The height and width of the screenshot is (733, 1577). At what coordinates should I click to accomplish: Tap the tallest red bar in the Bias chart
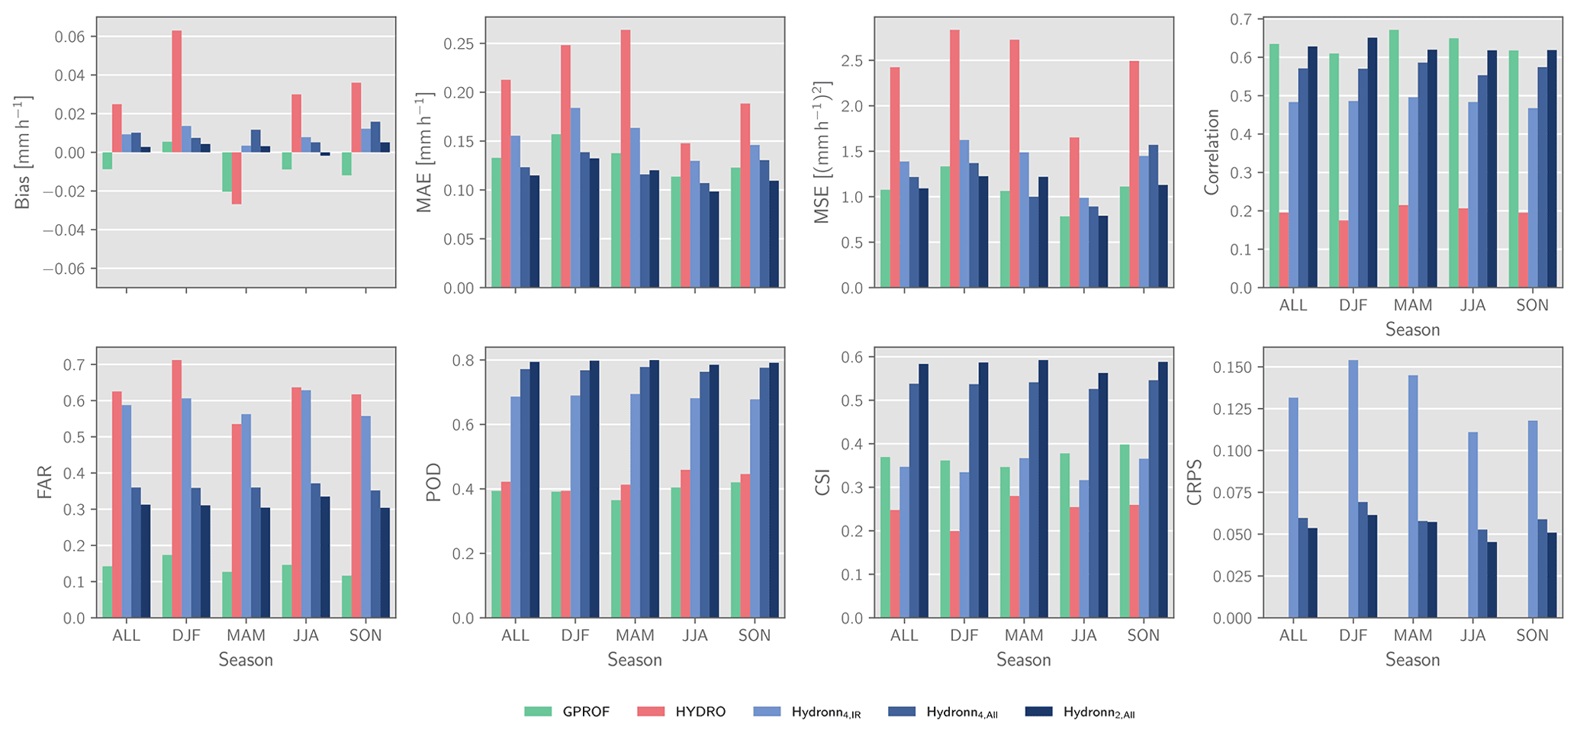click(x=177, y=92)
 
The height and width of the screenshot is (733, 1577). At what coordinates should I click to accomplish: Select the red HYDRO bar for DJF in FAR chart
click(x=177, y=488)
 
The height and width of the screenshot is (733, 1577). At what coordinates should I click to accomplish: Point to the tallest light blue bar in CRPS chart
click(x=1353, y=488)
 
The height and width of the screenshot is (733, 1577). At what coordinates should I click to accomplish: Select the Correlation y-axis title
click(x=1212, y=153)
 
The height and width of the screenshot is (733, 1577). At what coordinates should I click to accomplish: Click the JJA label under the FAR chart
click(x=306, y=635)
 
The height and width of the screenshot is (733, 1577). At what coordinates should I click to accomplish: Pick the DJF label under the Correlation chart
click(x=1353, y=305)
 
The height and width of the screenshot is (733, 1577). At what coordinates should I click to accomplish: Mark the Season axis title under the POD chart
click(x=635, y=660)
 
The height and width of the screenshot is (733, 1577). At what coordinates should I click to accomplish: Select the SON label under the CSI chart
click(x=1143, y=635)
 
